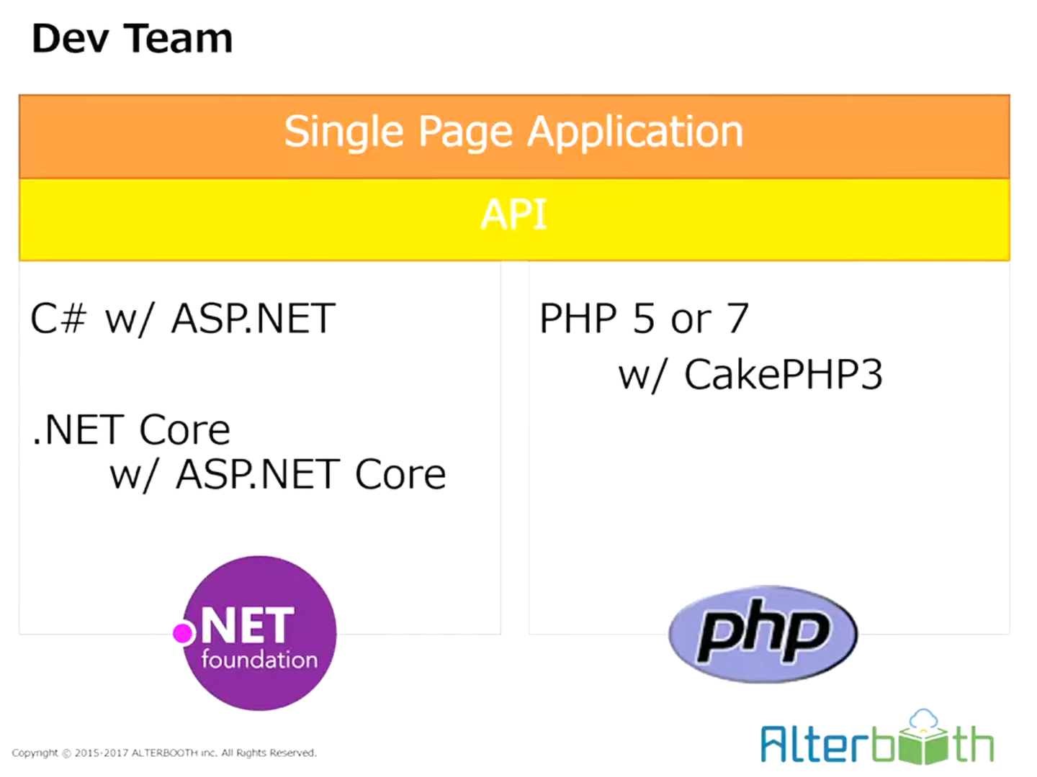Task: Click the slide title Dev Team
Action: (133, 39)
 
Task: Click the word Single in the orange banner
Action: (344, 133)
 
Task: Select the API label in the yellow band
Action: (514, 215)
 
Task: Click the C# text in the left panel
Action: (58, 319)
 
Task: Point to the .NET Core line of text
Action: (131, 430)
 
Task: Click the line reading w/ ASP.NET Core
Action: (278, 475)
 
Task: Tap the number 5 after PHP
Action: (643, 319)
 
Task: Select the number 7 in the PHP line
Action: (738, 319)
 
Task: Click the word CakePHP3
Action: (784, 375)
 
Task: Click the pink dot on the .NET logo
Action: (184, 633)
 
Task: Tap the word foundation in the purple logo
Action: (259, 660)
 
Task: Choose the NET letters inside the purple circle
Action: (248, 625)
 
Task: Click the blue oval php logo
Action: (763, 633)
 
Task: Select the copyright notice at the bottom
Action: (164, 753)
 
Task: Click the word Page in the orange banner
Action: (466, 133)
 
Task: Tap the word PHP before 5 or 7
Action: (578, 319)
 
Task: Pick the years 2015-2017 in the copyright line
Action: (102, 753)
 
